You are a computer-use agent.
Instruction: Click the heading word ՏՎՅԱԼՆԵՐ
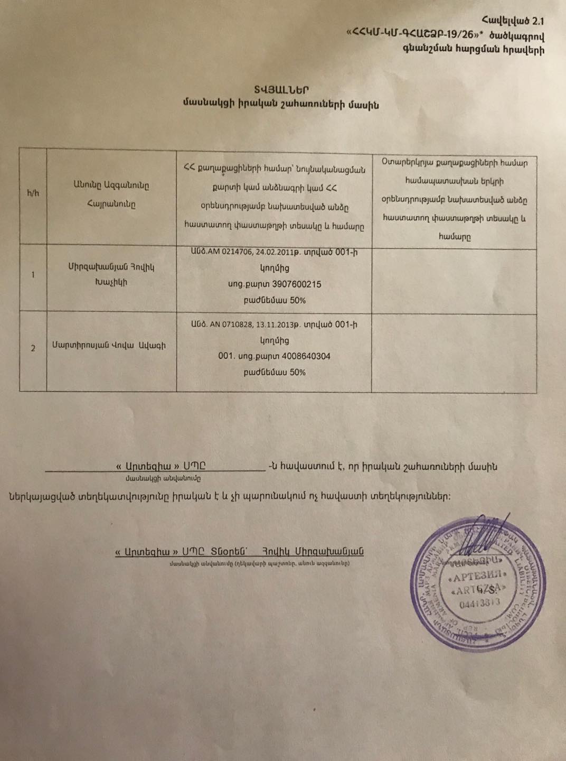pyautogui.click(x=280, y=90)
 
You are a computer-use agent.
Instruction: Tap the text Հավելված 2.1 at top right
pyautogui.click(x=513, y=21)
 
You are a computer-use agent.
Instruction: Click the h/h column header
pyautogui.click(x=33, y=193)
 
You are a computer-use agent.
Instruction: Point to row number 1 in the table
pyautogui.click(x=33, y=275)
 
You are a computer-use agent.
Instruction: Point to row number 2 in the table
pyautogui.click(x=33, y=348)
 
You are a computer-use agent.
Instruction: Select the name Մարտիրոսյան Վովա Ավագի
pyautogui.click(x=108, y=346)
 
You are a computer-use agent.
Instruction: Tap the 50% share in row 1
pyautogui.click(x=297, y=300)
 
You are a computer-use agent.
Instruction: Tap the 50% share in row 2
pyautogui.click(x=297, y=372)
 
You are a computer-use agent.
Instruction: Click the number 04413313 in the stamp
pyautogui.click(x=480, y=603)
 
